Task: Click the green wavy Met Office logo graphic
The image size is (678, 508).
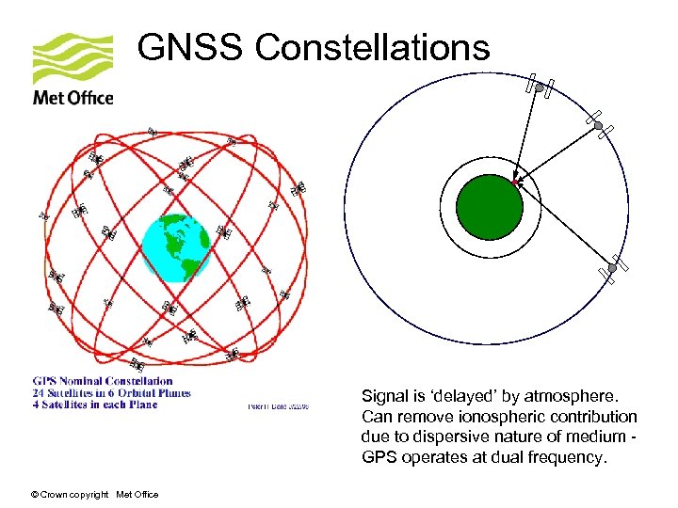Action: coord(73,58)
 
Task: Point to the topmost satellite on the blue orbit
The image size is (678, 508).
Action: coord(540,87)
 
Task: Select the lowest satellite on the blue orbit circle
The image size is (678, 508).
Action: coord(611,268)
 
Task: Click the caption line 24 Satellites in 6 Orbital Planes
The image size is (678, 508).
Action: coord(111,393)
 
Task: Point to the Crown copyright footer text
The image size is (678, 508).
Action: coord(94,495)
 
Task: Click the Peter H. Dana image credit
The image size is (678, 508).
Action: coord(278,406)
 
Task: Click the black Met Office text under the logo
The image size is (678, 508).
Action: coord(73,98)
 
